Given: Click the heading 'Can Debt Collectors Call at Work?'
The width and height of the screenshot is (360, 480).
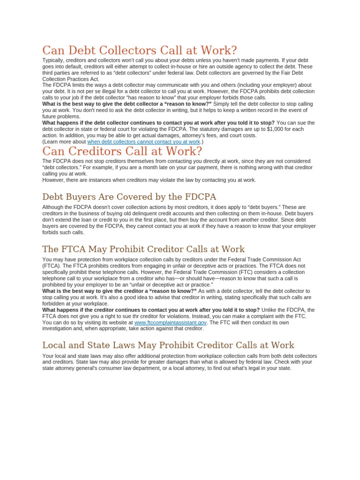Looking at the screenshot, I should [140, 51].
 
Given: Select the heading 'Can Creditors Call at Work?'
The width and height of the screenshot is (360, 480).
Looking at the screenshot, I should [122, 151].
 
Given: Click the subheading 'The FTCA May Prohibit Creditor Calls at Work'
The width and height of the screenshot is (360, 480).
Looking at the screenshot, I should [143, 249].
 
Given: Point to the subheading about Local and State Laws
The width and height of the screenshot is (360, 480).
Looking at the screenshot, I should [168, 345].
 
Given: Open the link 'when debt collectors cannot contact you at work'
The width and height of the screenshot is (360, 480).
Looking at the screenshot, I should [143, 142].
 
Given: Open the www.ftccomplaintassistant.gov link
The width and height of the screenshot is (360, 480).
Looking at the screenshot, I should [170, 322].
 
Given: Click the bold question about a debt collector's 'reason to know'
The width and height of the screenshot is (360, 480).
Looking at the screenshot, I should [127, 104].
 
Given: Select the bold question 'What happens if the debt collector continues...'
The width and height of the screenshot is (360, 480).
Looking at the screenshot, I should [158, 123].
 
